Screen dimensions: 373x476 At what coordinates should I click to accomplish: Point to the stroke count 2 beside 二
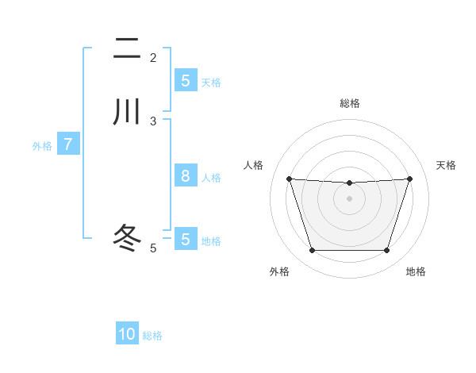153,58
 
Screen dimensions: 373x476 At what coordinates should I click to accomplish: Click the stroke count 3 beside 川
153,121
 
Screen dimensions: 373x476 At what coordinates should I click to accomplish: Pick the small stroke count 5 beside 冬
153,248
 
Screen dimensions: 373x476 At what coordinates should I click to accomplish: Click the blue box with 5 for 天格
185,81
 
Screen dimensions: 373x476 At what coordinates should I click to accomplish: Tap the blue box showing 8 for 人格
185,176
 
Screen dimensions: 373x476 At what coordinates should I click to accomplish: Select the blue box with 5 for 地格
185,239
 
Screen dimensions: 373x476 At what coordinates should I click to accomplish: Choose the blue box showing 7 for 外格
68,144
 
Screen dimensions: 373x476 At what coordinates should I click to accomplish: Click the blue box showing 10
127,334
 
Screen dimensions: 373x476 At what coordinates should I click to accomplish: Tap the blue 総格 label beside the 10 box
152,336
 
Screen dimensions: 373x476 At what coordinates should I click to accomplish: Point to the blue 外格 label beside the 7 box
42,146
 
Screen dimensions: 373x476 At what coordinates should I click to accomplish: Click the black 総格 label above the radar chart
350,103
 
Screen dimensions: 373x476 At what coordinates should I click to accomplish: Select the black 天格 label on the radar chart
447,165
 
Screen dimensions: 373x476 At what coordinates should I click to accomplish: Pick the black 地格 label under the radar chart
416,272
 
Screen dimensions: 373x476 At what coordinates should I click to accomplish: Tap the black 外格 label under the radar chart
279,272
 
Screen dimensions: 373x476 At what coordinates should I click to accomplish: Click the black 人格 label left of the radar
254,165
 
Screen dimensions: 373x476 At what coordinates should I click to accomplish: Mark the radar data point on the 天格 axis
410,179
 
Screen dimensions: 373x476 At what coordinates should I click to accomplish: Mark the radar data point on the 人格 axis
289,179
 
